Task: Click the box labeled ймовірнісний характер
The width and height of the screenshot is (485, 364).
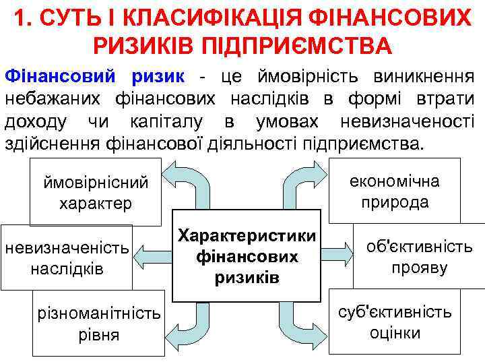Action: pos(96,192)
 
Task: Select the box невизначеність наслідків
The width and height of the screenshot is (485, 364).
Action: pos(67,257)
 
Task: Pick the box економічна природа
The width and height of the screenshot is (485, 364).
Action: pos(394,191)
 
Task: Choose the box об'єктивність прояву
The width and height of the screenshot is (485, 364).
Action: pos(419,257)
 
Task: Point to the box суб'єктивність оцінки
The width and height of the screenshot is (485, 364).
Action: pos(395,322)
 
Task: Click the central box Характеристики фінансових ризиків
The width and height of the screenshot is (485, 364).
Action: pos(247,256)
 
